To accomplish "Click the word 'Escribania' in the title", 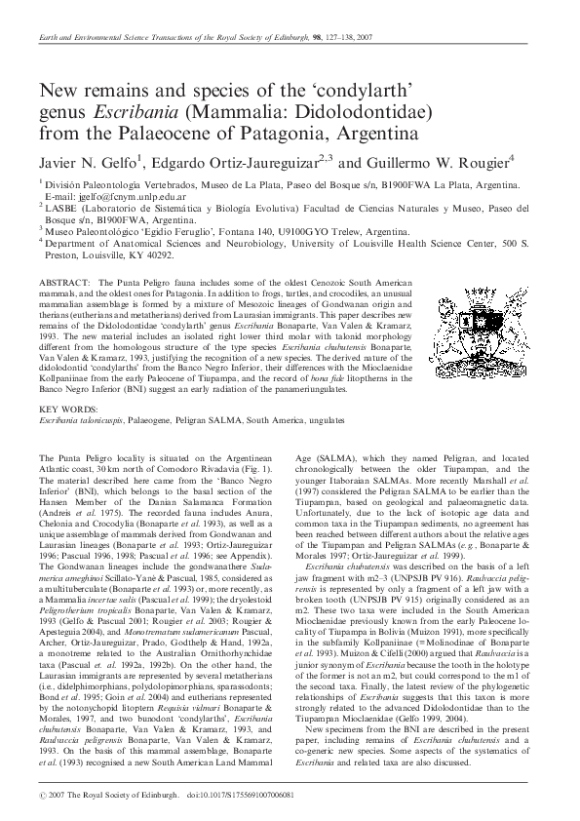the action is (136, 109).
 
